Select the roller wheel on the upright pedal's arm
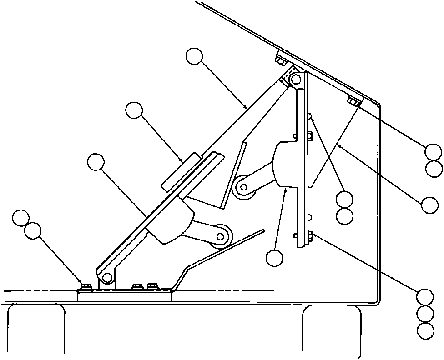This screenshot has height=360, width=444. pyautogui.click(x=244, y=187)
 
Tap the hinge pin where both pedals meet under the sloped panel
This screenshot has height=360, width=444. pyautogui.click(x=296, y=80)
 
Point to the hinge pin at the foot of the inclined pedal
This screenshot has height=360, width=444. pyautogui.click(x=107, y=277)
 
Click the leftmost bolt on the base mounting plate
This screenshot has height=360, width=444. pyautogui.click(x=86, y=286)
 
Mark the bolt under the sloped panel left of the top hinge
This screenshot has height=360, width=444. pyautogui.click(x=281, y=60)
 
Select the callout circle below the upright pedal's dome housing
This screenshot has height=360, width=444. pyautogui.click(x=274, y=258)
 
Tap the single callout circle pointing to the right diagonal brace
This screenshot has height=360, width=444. pyautogui.click(x=429, y=205)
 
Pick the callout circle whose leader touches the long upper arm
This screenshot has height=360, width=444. pyautogui.click(x=194, y=57)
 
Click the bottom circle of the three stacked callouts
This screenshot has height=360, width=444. pyautogui.click(x=425, y=330)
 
